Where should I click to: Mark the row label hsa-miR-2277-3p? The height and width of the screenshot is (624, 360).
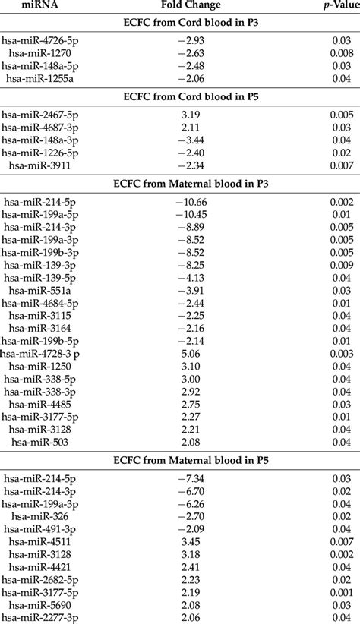coord(42,619)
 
